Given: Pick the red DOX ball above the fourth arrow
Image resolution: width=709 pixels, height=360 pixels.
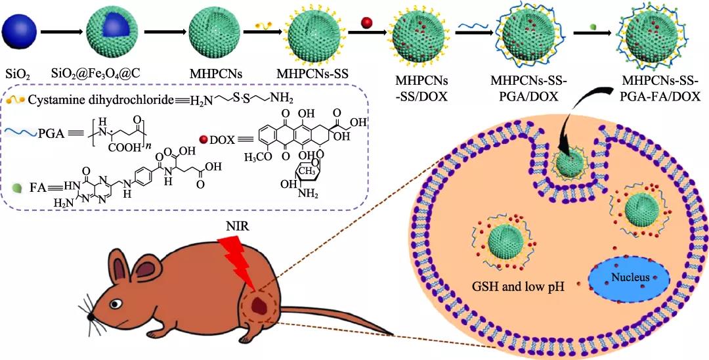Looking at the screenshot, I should coord(365,23).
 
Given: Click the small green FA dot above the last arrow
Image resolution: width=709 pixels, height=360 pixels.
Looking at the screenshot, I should coord(593,26).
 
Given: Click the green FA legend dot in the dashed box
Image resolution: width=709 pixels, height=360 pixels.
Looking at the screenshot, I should coord(16,187).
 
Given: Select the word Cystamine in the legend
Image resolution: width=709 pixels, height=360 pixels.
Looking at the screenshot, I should coord(53,99).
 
